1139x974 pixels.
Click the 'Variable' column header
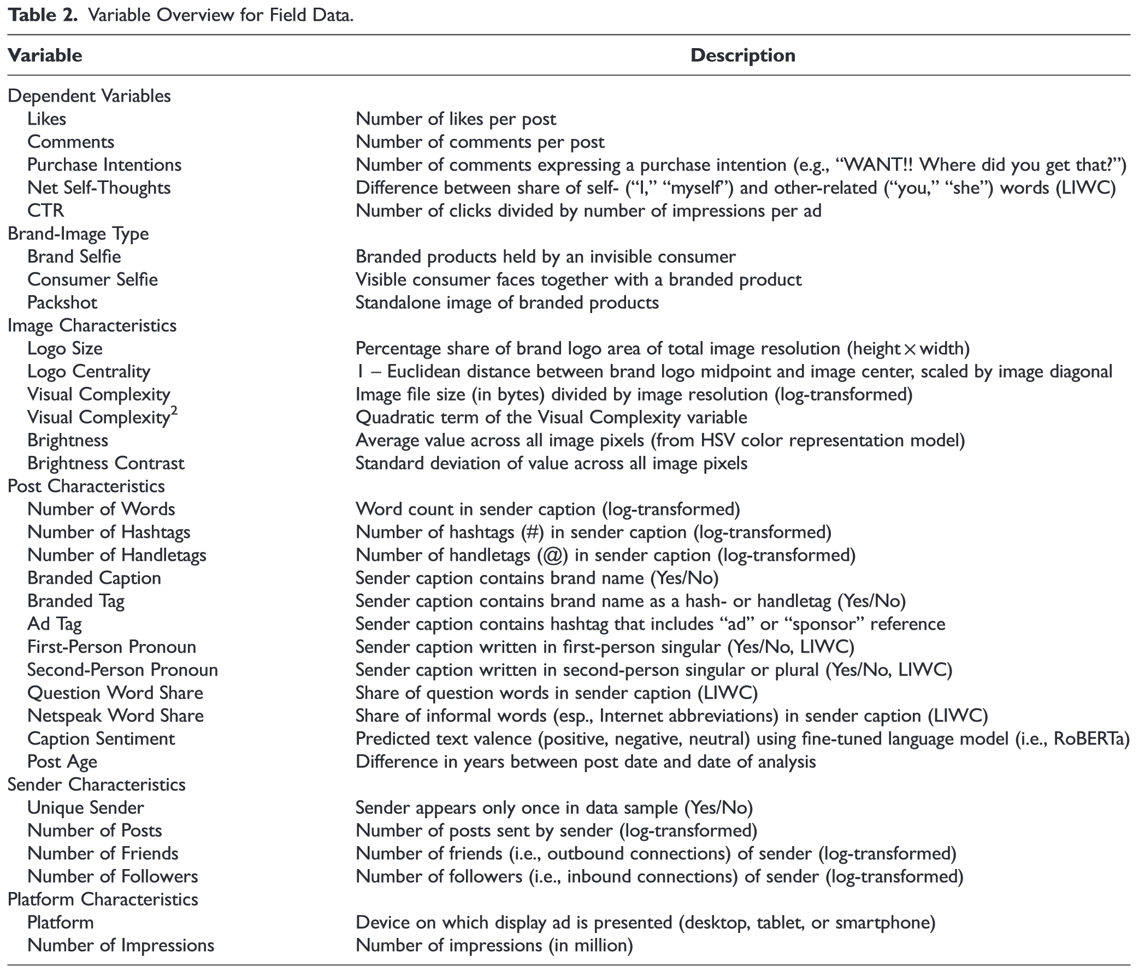tap(45, 56)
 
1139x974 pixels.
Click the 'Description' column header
tap(742, 56)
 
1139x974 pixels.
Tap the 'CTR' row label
tap(46, 210)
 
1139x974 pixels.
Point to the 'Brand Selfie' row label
tap(74, 257)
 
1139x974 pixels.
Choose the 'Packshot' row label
tap(62, 302)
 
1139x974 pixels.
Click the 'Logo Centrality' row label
tap(88, 372)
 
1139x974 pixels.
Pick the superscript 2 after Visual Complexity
tap(174, 412)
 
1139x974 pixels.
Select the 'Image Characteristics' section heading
tap(92, 326)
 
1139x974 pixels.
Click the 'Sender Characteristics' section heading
tap(97, 785)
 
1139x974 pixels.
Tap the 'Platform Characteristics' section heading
tap(103, 899)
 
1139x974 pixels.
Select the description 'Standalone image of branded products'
tap(507, 302)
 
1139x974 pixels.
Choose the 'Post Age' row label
tap(62, 762)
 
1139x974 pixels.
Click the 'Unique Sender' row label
tap(86, 808)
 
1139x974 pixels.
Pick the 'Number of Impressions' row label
tap(120, 946)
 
